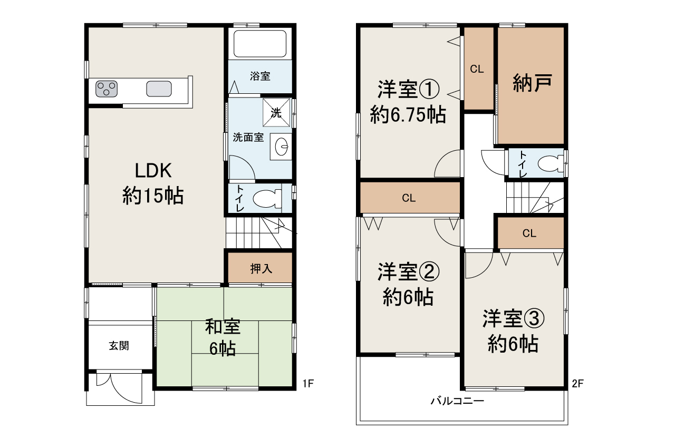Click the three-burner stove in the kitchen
point(107,89)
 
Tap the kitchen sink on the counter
point(159,89)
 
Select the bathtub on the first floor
point(260,44)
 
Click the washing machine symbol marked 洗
point(276,113)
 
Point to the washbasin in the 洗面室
point(281,147)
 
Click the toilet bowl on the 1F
point(267,198)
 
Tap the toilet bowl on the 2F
point(551,164)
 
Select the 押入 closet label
point(261,269)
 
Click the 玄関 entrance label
point(119,346)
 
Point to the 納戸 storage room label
point(532,83)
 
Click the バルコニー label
point(457,401)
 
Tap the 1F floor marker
point(308,383)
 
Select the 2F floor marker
point(577,383)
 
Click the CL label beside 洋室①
point(477,69)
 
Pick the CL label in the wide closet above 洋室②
point(409,198)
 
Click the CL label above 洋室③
point(529,233)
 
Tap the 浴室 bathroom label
point(260,76)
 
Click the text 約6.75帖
point(408,115)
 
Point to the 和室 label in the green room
point(223,327)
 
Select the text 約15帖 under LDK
point(153,196)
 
